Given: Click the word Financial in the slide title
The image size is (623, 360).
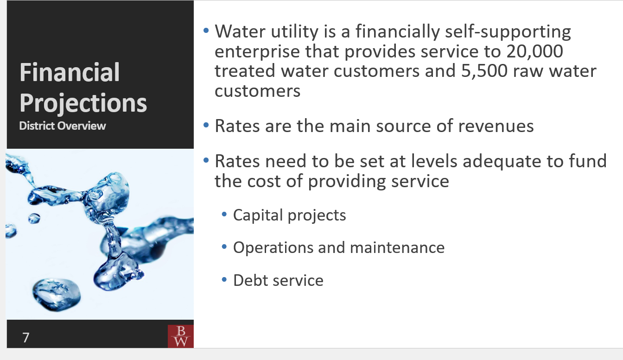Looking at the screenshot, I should [x=70, y=73].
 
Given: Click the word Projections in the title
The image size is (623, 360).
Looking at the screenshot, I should [x=83, y=103].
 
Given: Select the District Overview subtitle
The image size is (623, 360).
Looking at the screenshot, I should [x=63, y=126].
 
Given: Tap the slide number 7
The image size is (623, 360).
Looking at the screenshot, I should [x=26, y=338].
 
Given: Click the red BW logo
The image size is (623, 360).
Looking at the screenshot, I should [x=180, y=336].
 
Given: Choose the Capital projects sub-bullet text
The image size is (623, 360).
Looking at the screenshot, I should [x=289, y=215].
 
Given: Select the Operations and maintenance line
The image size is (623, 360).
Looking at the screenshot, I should [x=338, y=247].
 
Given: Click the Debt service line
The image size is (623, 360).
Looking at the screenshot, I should [x=278, y=280].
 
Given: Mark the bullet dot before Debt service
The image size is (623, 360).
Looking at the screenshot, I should [x=225, y=280].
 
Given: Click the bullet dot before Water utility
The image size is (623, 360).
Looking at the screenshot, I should [x=206, y=31].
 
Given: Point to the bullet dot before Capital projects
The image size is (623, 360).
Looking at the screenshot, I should [x=225, y=215].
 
